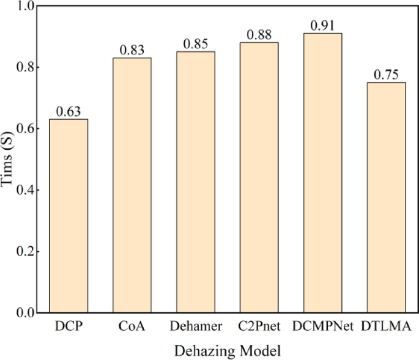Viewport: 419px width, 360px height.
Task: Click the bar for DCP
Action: [x=69, y=216]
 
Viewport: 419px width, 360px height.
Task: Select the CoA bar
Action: [x=132, y=185]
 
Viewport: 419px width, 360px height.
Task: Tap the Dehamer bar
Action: [x=196, y=182]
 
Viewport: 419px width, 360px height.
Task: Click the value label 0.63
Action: [x=69, y=112]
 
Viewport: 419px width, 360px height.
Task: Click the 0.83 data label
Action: [x=132, y=50]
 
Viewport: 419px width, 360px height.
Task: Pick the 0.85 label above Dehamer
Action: [x=196, y=44]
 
